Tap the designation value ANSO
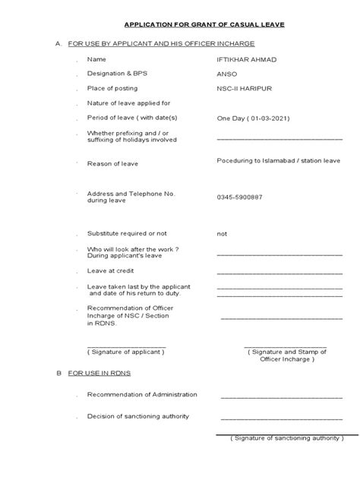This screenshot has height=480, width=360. click(x=226, y=74)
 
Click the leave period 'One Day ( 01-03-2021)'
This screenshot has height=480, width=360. click(x=253, y=118)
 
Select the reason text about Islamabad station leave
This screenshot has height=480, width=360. click(x=278, y=161)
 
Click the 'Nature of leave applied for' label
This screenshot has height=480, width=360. click(x=128, y=103)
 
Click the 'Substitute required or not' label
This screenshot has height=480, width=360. click(x=128, y=234)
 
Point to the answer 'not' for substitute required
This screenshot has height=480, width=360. click(x=222, y=234)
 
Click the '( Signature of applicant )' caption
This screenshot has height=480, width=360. click(x=125, y=352)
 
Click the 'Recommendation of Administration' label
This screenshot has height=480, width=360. click(x=142, y=394)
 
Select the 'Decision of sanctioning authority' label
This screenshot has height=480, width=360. click(x=137, y=416)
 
